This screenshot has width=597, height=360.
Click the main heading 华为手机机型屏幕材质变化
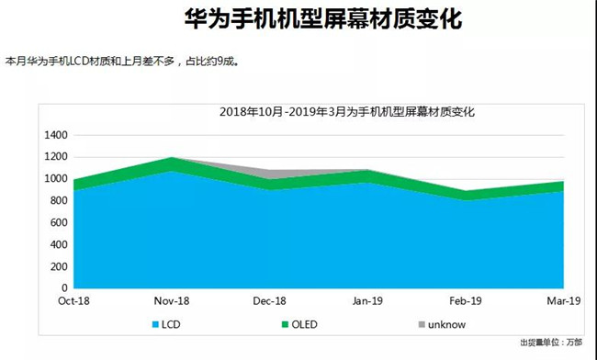click(298, 19)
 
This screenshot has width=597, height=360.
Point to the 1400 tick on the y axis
click(56, 135)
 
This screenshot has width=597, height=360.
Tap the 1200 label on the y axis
click(56, 157)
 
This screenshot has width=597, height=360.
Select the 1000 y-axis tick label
click(56, 179)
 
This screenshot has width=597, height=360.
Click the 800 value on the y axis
click(59, 201)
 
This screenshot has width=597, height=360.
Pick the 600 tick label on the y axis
click(59, 223)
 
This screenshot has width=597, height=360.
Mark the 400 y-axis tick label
click(59, 244)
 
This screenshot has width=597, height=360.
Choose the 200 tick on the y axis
click(59, 266)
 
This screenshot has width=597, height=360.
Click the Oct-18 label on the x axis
click(73, 299)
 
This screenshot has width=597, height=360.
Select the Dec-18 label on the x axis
click(268, 299)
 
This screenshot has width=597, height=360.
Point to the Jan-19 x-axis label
click(367, 299)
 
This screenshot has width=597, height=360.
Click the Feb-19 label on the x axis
click(465, 299)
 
